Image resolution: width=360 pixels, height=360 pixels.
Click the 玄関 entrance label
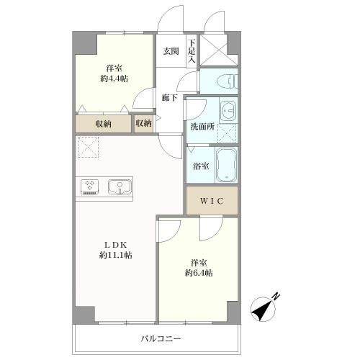tap(171, 51)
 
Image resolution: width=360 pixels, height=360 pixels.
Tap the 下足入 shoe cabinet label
tap(192, 51)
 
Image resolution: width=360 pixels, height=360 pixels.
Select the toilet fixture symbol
tap(227, 81)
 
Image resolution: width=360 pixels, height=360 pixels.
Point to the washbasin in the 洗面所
tap(228, 111)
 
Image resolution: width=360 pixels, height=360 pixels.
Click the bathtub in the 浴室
tap(226, 165)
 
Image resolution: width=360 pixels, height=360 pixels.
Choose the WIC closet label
tap(212, 201)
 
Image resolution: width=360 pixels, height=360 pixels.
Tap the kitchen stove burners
tap(90, 186)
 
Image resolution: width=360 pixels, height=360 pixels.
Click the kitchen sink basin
tap(120, 186)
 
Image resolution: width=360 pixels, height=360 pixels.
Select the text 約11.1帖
tap(116, 255)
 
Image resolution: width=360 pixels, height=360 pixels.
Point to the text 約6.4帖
tap(199, 273)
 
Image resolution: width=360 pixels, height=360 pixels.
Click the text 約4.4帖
tap(114, 78)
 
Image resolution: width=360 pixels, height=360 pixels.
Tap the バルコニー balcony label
tap(161, 338)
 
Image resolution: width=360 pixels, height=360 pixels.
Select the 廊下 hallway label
tap(169, 98)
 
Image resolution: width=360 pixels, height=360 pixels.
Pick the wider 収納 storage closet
tap(104, 124)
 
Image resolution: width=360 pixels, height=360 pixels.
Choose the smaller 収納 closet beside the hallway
tap(143, 124)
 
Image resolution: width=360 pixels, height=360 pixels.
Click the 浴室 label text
tap(201, 166)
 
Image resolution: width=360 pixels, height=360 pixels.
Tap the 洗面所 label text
tap(202, 127)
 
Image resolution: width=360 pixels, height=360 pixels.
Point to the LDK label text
tap(115, 245)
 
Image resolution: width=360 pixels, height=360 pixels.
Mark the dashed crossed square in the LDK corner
tap(88, 147)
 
